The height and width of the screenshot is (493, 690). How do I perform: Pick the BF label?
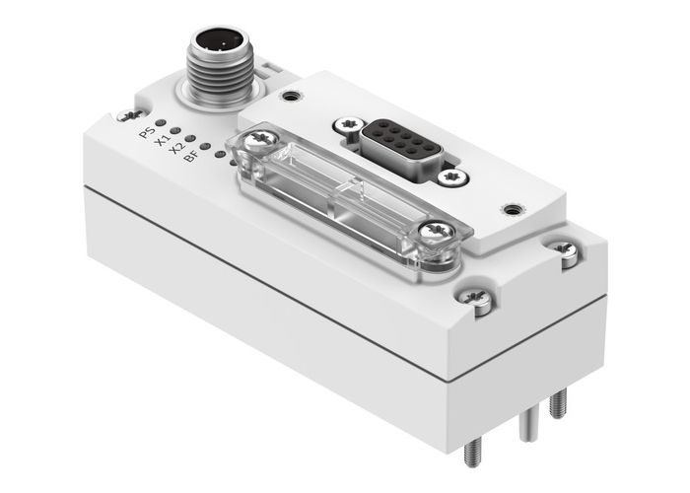click(192, 162)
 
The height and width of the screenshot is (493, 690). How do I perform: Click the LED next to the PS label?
click(159, 124)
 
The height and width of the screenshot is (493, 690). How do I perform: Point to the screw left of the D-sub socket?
click(344, 125)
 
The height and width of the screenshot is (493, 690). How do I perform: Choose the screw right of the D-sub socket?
click(455, 177)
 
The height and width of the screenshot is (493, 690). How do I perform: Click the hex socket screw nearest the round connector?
click(290, 96)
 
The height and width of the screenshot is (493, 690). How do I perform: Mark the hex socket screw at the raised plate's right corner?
click(512, 209)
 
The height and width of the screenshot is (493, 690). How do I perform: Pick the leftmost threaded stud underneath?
click(471, 450)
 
